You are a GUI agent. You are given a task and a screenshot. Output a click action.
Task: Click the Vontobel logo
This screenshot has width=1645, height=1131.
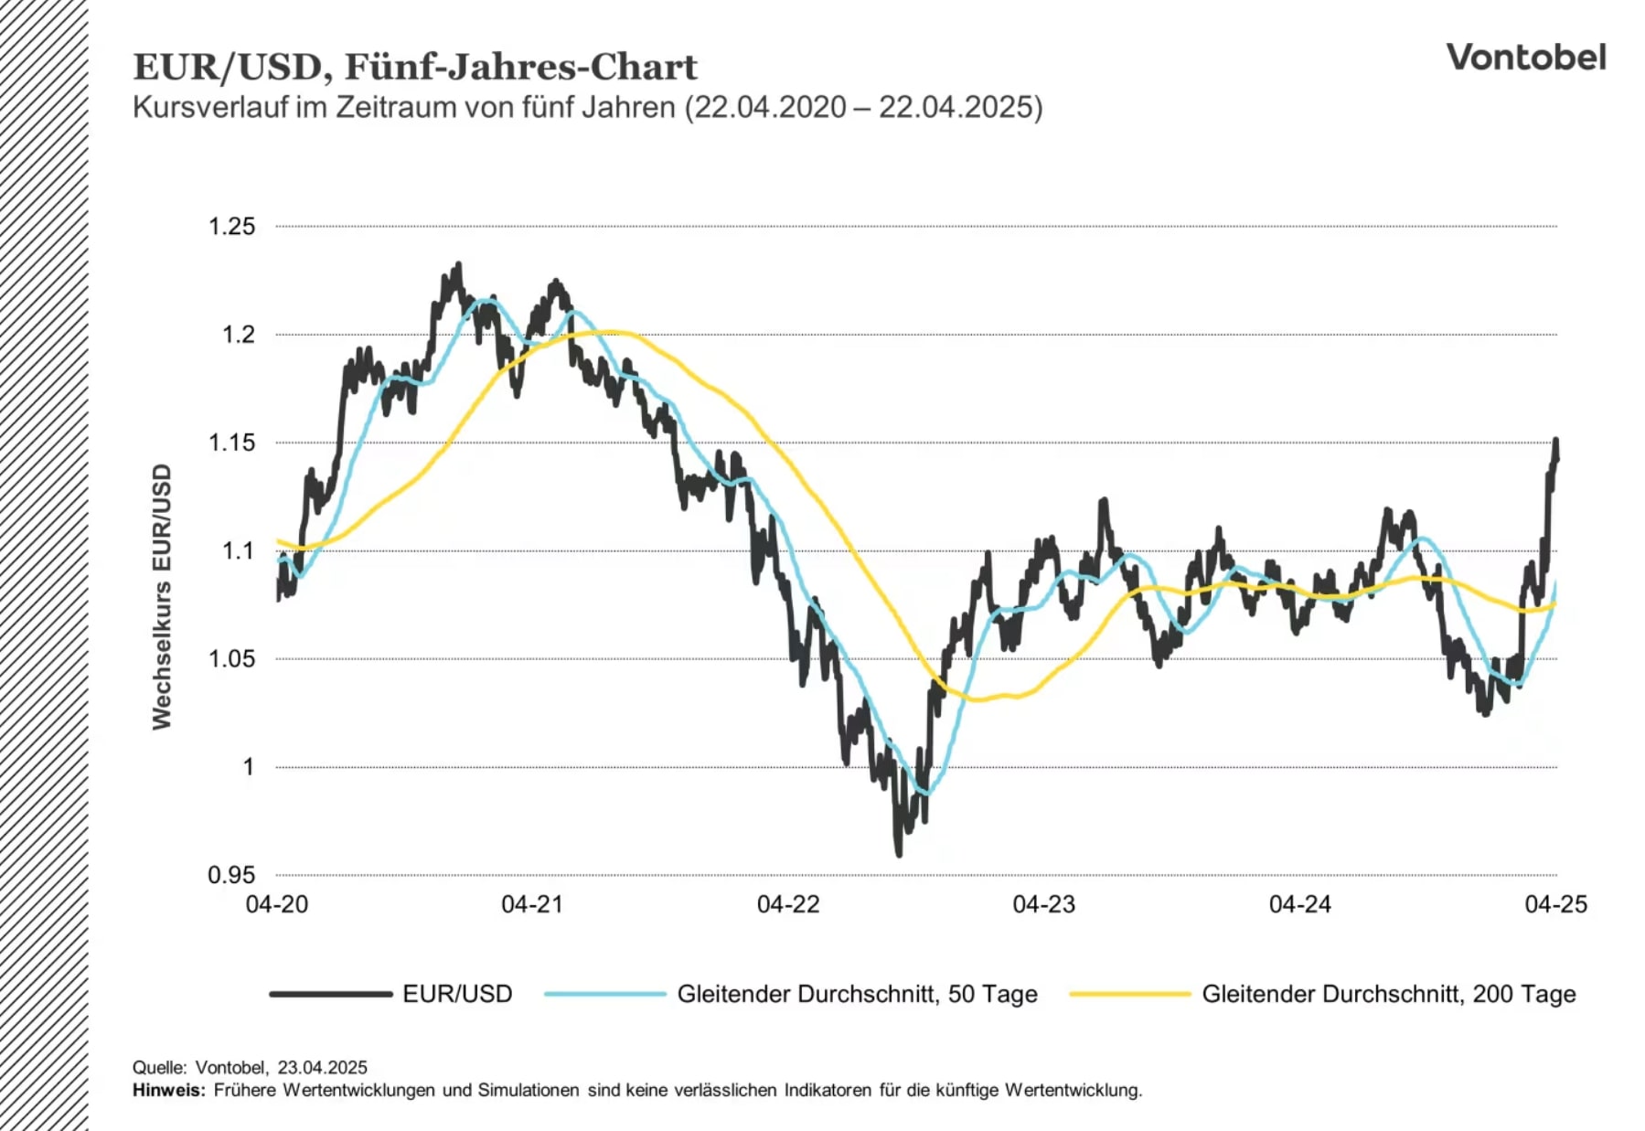pyautogui.click(x=1525, y=58)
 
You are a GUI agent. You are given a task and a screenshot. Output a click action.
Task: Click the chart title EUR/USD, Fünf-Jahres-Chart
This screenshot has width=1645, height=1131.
pyautogui.click(x=414, y=67)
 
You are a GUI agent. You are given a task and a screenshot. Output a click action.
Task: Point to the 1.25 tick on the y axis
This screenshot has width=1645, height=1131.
pyautogui.click(x=231, y=227)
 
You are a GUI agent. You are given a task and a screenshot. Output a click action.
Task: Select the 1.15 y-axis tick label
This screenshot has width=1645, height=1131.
pyautogui.click(x=231, y=443)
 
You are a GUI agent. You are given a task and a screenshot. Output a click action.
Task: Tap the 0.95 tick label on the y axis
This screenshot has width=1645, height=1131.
pyautogui.click(x=231, y=875)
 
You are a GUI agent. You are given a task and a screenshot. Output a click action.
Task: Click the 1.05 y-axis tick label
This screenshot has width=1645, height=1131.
pyautogui.click(x=231, y=658)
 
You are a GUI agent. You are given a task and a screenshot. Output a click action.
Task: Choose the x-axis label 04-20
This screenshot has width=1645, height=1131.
pyautogui.click(x=277, y=904)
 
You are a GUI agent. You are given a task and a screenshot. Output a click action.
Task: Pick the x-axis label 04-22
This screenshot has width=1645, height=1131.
pyautogui.click(x=788, y=904)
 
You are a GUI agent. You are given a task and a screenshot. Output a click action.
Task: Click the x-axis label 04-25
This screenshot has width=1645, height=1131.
pyautogui.click(x=1555, y=904)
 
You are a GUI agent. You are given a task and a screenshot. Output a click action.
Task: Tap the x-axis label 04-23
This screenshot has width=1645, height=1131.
pyautogui.click(x=1043, y=904)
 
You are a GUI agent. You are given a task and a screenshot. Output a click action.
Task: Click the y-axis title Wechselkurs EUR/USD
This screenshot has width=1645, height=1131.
pyautogui.click(x=162, y=596)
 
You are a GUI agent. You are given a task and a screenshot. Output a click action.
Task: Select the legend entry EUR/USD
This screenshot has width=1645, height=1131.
pyautogui.click(x=457, y=994)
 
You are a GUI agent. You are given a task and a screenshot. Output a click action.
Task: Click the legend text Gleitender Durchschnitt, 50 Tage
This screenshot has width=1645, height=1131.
pyautogui.click(x=857, y=994)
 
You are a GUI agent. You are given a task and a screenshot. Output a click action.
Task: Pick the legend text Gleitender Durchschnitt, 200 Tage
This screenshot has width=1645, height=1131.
pyautogui.click(x=1388, y=994)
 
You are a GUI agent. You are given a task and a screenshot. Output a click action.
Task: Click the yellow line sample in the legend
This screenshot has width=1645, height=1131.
pyautogui.click(x=1130, y=994)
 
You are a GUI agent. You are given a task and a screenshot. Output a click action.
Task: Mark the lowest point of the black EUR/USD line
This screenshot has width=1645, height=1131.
pyautogui.click(x=899, y=853)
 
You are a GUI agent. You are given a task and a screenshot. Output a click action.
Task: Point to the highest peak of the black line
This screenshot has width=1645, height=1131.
pyautogui.click(x=458, y=265)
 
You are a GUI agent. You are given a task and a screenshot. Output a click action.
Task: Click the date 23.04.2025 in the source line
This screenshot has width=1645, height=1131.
pyautogui.click(x=322, y=1067)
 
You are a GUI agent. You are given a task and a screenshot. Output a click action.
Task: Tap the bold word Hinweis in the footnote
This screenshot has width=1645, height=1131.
pyautogui.click(x=168, y=1090)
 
